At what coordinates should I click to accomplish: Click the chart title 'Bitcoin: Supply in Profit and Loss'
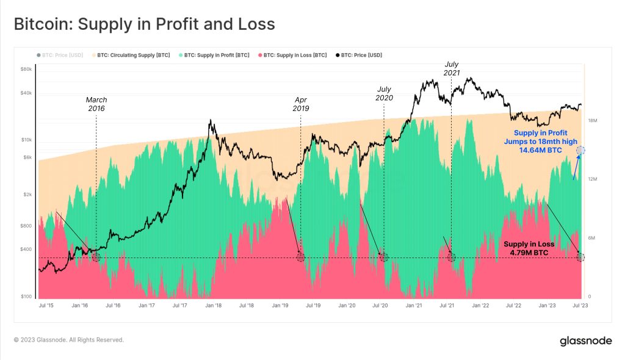(144, 24)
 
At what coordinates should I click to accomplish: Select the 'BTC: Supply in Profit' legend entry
(214, 55)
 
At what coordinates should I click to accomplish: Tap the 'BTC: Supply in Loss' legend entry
(292, 55)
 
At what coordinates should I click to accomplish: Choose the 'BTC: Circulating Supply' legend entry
(131, 55)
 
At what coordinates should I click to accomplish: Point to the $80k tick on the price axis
(26, 69)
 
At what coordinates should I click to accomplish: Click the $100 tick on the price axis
(26, 296)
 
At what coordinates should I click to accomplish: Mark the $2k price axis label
(27, 195)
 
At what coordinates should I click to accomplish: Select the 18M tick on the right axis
(592, 120)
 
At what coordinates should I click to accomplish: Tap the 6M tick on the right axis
(591, 238)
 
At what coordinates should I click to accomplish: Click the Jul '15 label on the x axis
(46, 305)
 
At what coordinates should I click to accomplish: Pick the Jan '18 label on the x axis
(214, 305)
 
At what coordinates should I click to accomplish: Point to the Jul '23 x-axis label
(580, 305)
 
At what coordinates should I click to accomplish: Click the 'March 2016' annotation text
(96, 104)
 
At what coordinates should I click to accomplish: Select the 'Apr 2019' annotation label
(301, 104)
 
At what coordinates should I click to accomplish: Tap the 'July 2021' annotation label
(452, 68)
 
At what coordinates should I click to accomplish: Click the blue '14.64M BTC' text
(541, 150)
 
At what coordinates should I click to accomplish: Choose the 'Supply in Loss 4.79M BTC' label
(529, 248)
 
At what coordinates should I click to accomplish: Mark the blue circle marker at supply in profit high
(581, 150)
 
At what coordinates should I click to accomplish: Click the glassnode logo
(585, 341)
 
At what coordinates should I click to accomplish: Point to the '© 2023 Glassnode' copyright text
(69, 340)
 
